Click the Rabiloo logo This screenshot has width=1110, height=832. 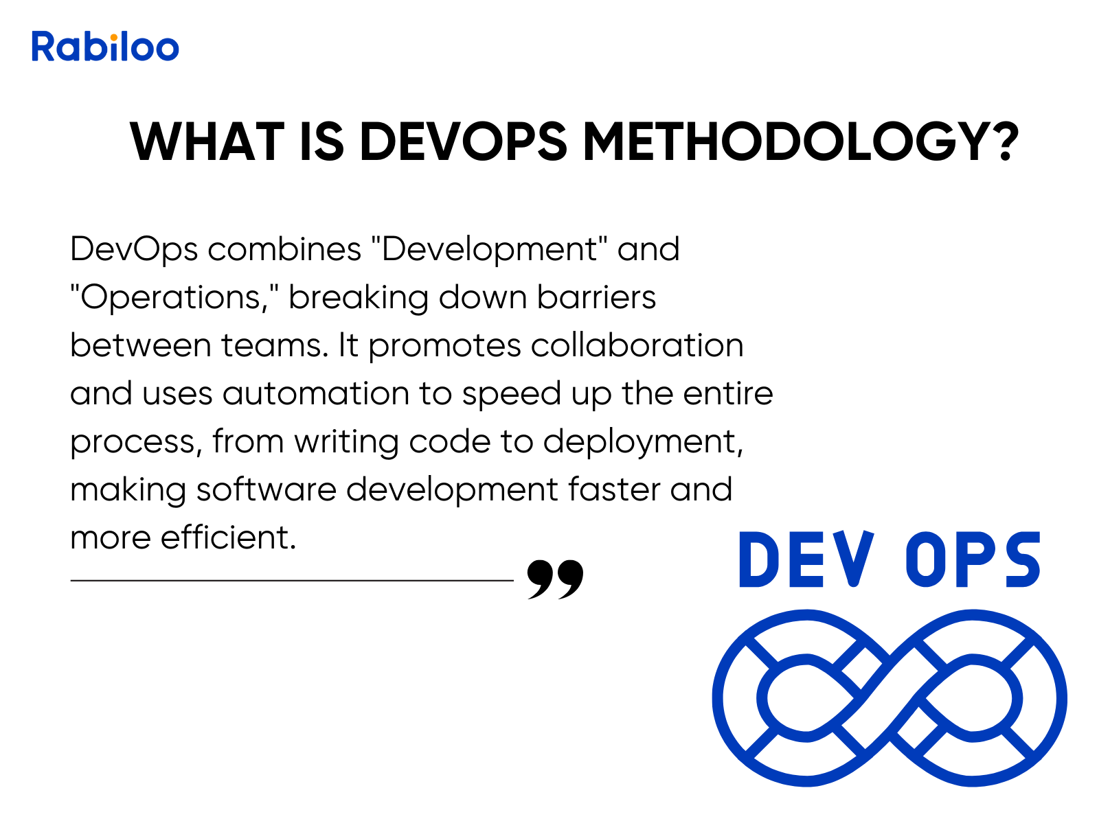105,47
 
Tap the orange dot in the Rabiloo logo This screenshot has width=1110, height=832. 114,37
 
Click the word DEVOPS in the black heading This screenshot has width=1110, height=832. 463,142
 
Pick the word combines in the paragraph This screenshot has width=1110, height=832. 284,249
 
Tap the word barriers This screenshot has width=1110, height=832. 597,297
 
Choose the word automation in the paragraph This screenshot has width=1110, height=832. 315,393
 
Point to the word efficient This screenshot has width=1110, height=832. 228,537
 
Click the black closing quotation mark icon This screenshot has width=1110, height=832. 555,579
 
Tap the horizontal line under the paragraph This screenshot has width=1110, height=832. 292,581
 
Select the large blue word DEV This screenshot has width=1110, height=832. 807,559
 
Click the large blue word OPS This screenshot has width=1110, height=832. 973,559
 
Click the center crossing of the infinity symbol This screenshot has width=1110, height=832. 890,697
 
